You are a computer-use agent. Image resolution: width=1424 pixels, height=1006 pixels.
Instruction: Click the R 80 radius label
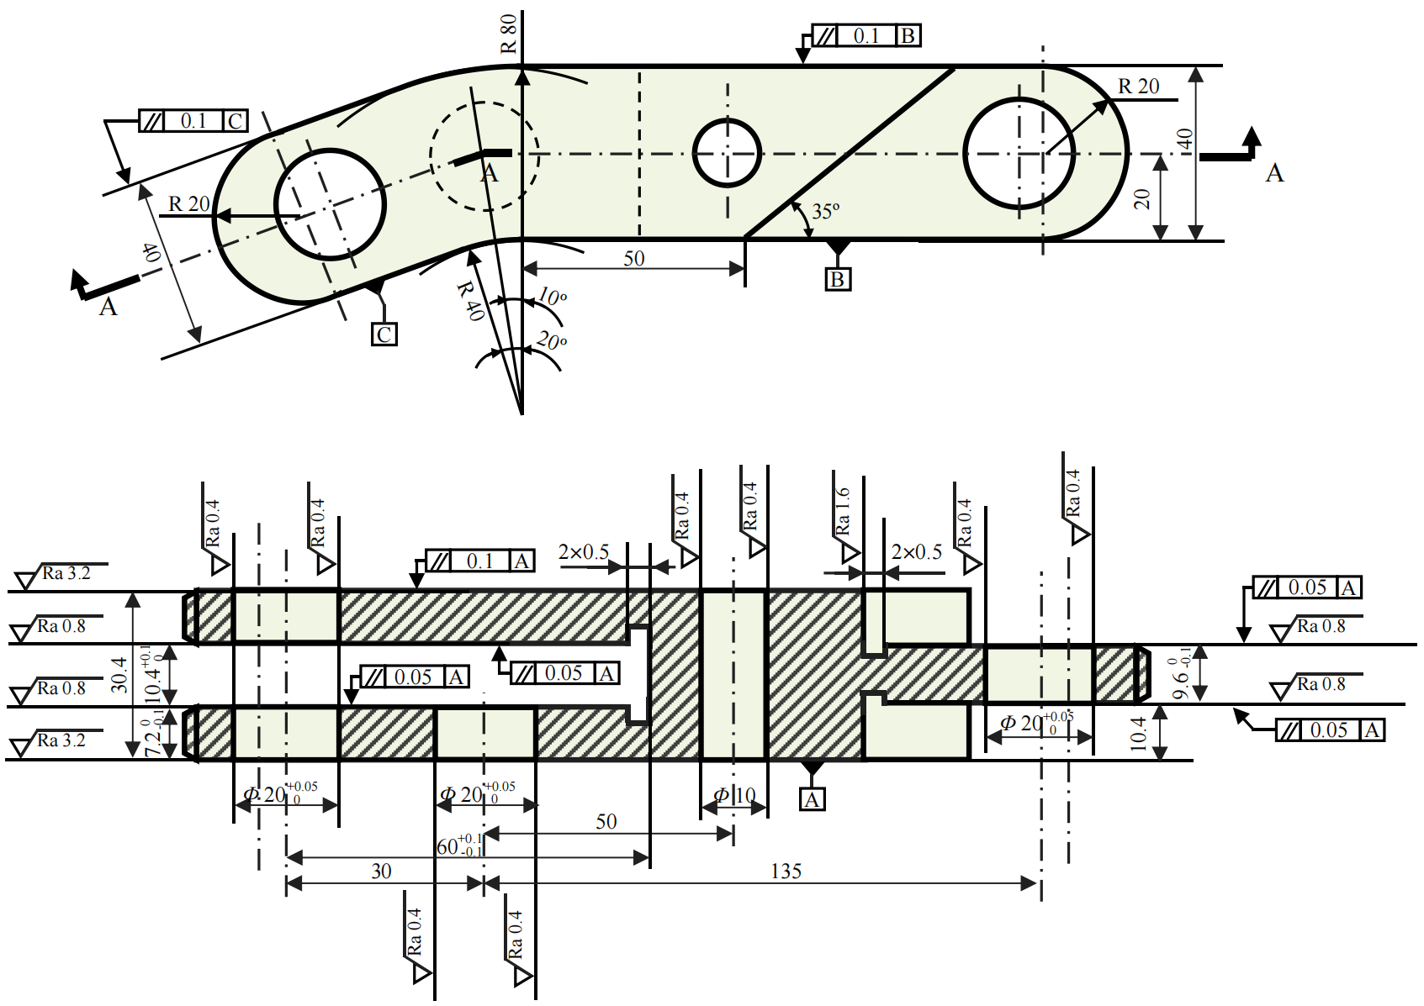(509, 34)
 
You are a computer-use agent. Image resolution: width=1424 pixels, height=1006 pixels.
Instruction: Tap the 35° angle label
(825, 211)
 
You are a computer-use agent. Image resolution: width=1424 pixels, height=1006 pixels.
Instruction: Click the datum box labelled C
(384, 334)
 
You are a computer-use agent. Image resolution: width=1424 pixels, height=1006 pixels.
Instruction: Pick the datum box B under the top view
(838, 279)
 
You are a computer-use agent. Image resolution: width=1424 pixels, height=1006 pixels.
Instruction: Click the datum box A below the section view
(812, 799)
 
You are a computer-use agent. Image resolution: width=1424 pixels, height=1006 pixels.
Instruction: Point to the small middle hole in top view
(727, 153)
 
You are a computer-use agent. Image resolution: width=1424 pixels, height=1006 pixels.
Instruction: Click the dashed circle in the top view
(484, 155)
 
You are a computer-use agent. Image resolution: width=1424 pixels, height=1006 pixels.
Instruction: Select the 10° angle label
(552, 297)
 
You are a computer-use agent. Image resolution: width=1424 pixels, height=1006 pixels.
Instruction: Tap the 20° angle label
(552, 341)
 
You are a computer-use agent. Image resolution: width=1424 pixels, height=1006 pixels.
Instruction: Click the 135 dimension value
(786, 872)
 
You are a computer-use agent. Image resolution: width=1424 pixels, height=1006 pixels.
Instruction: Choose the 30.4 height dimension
(119, 675)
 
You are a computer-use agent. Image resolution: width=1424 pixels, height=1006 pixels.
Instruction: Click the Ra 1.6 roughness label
(843, 512)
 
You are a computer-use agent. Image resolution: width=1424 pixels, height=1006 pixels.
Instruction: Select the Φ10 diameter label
(734, 795)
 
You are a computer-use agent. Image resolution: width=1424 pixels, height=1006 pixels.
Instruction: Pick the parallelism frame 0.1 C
(193, 121)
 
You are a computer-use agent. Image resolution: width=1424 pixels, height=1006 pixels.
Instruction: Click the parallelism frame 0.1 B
(866, 36)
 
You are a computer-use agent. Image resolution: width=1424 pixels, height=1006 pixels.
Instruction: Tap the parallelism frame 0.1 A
(480, 561)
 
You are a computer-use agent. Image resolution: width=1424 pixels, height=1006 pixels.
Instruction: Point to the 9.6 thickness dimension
(1182, 674)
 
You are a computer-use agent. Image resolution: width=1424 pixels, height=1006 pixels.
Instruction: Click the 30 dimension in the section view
(381, 872)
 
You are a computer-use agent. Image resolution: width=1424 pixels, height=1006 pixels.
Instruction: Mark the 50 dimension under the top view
(633, 258)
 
